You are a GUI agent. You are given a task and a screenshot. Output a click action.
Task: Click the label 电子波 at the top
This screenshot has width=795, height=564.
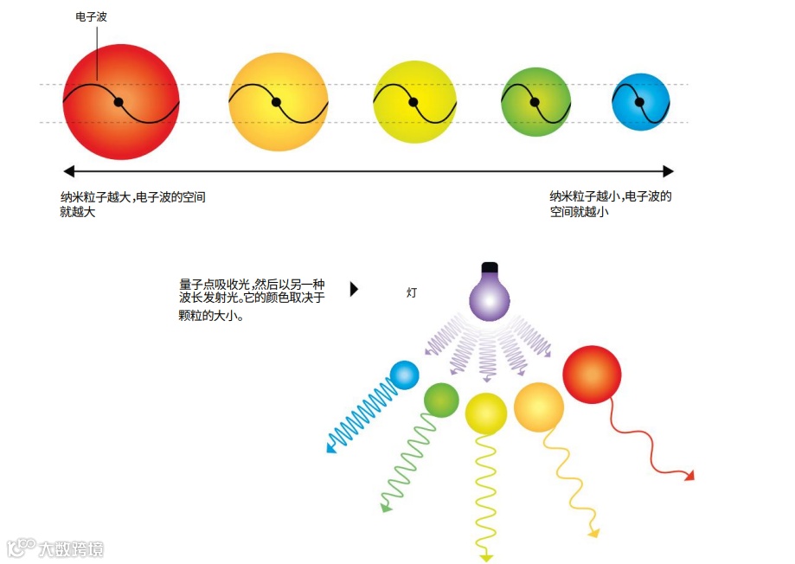(92, 16)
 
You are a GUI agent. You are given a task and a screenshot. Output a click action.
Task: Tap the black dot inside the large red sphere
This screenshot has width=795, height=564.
(119, 102)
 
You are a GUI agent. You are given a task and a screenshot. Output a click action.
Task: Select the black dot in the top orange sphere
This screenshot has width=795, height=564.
(276, 102)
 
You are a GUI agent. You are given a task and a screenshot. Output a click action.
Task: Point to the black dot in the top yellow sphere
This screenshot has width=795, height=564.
(414, 102)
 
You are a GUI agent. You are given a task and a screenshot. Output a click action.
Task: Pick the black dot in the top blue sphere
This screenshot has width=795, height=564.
(640, 102)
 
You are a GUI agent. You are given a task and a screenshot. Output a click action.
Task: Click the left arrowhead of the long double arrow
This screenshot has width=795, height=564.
(70, 171)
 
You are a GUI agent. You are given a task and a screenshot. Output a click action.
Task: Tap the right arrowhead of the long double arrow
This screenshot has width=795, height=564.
(667, 171)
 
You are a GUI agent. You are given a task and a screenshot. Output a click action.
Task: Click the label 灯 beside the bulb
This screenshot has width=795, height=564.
(412, 292)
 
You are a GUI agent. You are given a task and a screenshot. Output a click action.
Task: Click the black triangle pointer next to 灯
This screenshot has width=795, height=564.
(354, 289)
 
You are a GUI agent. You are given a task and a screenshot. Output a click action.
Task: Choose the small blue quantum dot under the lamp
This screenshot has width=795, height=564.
(404, 375)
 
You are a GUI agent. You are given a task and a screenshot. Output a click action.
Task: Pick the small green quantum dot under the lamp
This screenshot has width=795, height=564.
(441, 400)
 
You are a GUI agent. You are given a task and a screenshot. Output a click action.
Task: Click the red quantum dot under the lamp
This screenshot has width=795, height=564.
(592, 374)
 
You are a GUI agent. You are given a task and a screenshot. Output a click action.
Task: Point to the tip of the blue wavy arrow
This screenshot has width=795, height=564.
(330, 448)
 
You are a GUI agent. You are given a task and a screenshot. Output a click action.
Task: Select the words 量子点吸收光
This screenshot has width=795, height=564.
(214, 284)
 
